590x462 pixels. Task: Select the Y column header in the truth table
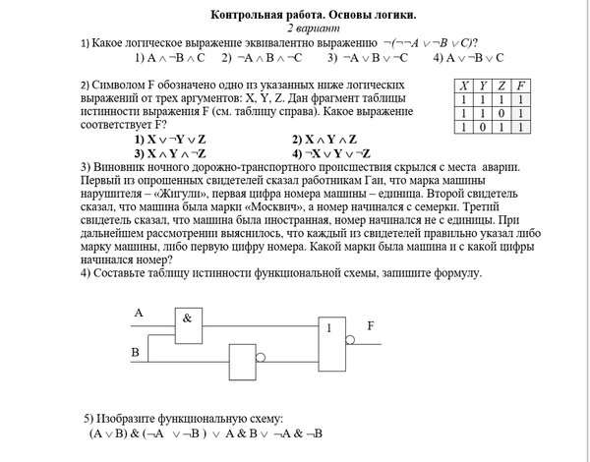click(482, 86)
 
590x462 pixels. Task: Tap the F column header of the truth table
click(520, 86)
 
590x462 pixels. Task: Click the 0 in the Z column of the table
click(501, 113)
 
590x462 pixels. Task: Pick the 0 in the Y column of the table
click(482, 127)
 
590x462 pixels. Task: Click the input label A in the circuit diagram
click(139, 313)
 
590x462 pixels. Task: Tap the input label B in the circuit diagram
click(136, 352)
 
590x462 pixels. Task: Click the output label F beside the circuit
click(371, 324)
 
